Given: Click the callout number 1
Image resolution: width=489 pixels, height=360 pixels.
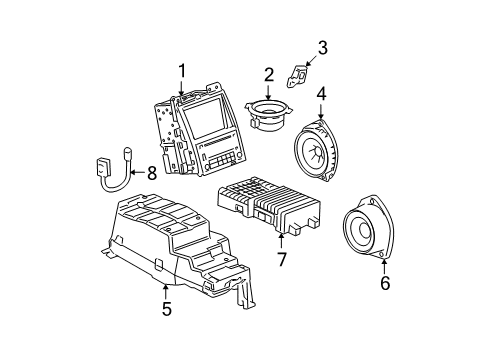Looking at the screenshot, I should pos(182,70).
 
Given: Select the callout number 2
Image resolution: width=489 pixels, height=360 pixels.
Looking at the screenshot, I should pos(268,73).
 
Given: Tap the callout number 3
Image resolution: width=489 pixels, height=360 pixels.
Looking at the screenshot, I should pos(322,46).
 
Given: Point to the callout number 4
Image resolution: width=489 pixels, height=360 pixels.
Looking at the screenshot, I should pos(321,95).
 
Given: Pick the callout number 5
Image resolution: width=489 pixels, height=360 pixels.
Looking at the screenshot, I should pos(167,309).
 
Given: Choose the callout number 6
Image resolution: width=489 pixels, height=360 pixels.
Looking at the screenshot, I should pos(385,283).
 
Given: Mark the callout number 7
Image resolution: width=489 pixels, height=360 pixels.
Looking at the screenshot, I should pos(281,260).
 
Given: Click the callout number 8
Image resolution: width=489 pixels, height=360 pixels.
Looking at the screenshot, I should pos(151,173).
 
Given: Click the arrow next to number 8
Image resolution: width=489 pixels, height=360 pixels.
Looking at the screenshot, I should pos(135,173).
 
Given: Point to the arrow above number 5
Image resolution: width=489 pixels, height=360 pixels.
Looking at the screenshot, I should pos(167,290).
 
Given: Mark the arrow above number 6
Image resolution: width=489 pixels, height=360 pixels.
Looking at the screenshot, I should pos(385,265).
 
